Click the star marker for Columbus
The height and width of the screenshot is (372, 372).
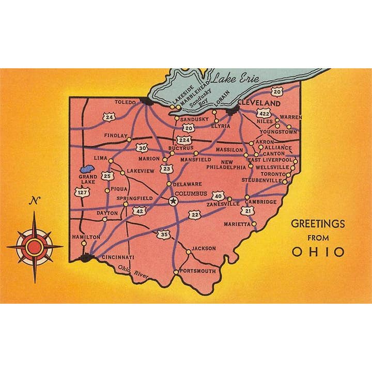point(174,202)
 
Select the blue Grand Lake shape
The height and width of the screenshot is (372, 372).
point(86,169)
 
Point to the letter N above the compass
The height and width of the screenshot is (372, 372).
point(35,201)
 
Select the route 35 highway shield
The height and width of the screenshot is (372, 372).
point(164,235)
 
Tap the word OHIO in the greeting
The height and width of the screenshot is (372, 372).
point(318,252)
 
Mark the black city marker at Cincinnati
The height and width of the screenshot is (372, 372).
point(86,257)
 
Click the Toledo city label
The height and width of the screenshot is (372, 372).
point(125,102)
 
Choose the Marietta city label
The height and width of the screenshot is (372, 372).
point(237,224)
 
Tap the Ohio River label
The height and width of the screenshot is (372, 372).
point(133,272)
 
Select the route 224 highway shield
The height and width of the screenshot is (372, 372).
point(183,140)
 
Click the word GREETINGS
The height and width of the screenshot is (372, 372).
point(318,224)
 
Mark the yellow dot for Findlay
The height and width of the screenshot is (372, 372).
point(129,139)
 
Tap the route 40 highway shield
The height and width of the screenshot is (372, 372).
point(218,196)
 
